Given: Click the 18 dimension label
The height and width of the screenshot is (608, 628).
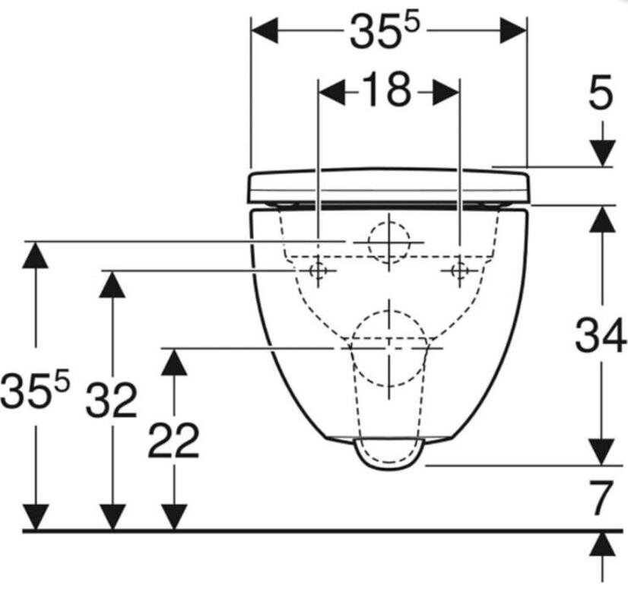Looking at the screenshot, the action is [x=387, y=90].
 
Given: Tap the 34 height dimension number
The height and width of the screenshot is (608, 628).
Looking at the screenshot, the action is [x=601, y=334].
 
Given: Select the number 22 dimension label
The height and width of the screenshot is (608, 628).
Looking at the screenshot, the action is [x=173, y=440].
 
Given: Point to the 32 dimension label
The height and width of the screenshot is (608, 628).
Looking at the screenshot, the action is [x=112, y=400].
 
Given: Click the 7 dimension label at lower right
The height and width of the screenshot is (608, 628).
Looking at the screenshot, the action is [x=601, y=499].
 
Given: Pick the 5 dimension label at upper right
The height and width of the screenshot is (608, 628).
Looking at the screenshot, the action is [x=601, y=93].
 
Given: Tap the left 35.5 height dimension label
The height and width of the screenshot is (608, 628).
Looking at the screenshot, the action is [x=35, y=389].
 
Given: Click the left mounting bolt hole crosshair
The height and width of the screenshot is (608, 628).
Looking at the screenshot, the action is [x=318, y=271].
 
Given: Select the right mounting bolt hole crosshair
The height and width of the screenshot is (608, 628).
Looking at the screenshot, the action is [x=459, y=271].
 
